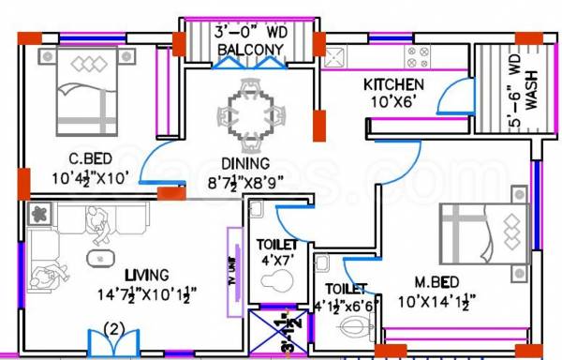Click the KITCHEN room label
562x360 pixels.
[393, 85]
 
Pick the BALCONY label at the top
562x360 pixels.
[248, 49]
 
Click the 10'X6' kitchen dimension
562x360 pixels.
[393, 102]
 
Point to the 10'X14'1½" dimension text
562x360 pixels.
[436, 301]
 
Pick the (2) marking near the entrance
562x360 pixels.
[113, 328]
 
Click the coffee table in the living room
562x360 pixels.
[96, 258]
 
